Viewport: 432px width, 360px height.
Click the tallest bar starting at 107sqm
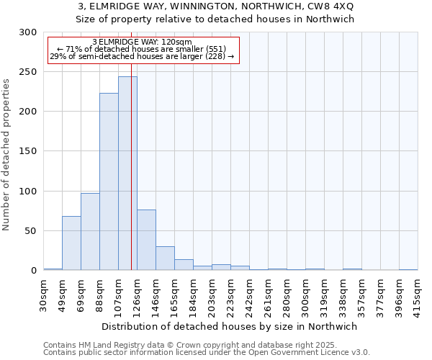coord(127,174)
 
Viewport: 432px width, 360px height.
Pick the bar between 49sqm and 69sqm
coord(71,243)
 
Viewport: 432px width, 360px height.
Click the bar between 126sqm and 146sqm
coord(146,240)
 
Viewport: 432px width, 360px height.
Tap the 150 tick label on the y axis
coord(27,151)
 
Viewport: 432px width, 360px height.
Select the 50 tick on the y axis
coord(30,231)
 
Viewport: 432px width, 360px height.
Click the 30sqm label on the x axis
coord(44,293)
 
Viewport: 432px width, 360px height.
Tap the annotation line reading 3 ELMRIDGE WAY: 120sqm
coord(142,42)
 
